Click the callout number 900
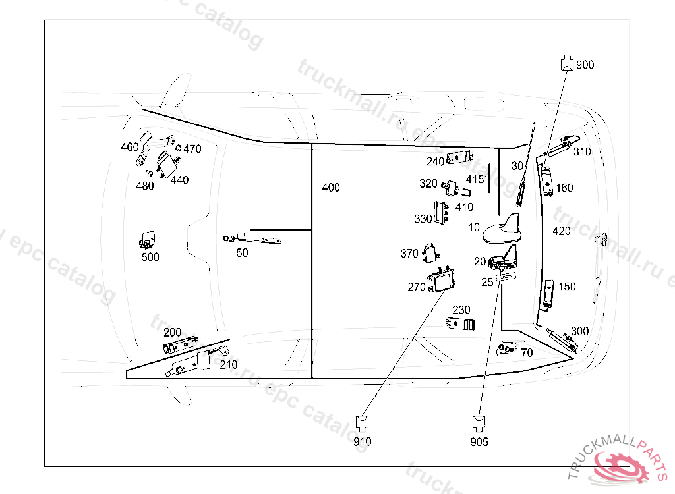pos(585,65)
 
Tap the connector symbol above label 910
pos(362,422)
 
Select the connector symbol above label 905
pos(479,422)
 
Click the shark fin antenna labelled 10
pos(504,230)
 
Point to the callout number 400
pos(331,188)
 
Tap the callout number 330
pos(423,219)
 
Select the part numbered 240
pos(459,158)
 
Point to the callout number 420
pos(562,231)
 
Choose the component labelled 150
pos(550,292)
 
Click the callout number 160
pos(564,188)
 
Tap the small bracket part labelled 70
pos(507,347)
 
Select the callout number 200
pos(172,332)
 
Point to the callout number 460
pos(130,147)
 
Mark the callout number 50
pos(242,253)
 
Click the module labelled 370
pos(431,251)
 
